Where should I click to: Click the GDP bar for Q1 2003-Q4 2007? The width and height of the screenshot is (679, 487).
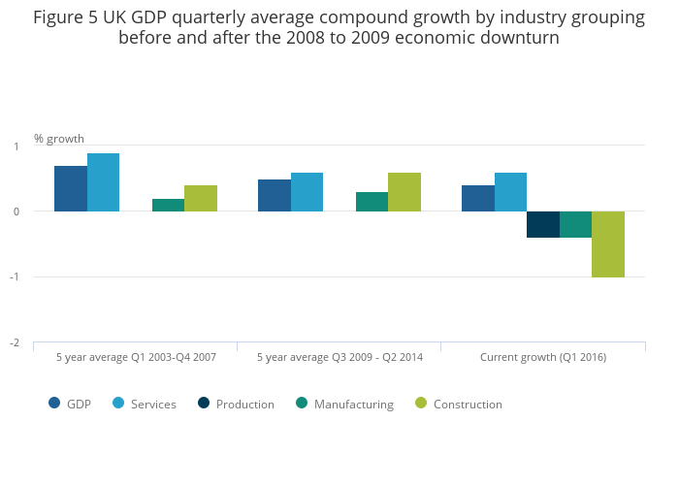[x=71, y=188]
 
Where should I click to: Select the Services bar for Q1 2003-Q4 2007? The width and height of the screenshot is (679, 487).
[x=103, y=182]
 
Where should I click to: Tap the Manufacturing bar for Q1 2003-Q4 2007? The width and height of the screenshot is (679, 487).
[x=168, y=205]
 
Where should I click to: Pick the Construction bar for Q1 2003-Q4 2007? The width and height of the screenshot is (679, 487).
[x=201, y=198]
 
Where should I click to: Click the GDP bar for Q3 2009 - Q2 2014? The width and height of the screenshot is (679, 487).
[x=275, y=195]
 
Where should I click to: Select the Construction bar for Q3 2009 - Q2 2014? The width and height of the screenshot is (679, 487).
[x=404, y=192]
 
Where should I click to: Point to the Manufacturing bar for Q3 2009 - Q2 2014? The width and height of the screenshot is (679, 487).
[x=372, y=202]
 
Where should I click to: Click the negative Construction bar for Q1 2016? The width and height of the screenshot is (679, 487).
[x=608, y=243]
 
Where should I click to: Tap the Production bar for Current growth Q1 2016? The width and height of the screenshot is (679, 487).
[x=543, y=224]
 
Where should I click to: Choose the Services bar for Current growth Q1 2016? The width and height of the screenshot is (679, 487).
[x=510, y=192]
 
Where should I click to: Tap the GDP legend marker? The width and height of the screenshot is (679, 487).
[x=55, y=404]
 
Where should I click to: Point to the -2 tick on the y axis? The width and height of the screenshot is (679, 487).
[x=15, y=342]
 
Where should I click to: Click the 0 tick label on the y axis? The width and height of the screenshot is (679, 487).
[x=16, y=211]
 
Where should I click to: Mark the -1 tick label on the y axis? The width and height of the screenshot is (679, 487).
[x=15, y=277]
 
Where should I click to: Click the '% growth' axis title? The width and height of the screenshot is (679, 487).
[x=59, y=139]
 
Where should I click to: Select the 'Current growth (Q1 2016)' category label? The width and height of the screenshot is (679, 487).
[x=543, y=357]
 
